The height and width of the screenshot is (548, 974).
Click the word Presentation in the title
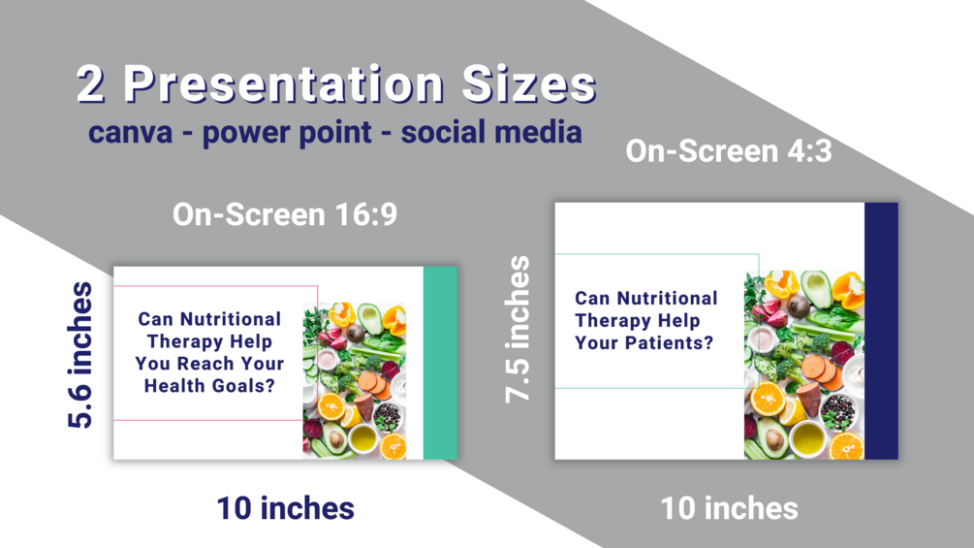coord(283,83)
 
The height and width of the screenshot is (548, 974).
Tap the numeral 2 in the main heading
coord(91,83)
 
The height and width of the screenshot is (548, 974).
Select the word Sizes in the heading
coord(529,83)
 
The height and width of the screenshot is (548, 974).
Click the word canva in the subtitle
coord(131,132)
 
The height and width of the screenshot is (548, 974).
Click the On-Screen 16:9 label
coord(285,214)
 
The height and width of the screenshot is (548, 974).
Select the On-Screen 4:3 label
coord(729,151)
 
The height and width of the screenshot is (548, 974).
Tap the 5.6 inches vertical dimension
coord(80,355)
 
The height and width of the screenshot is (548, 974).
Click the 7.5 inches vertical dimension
coord(518,330)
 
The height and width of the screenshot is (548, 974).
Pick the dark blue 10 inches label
coord(286,508)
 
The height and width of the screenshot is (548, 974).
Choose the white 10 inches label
coord(729,508)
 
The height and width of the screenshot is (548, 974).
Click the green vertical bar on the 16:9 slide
coord(440,363)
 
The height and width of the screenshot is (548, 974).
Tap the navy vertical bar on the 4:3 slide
coord(881,331)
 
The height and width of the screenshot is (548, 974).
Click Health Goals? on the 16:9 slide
coord(209,386)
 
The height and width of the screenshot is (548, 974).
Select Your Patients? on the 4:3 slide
coord(644,343)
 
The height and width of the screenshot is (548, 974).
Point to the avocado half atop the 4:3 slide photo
coord(816,288)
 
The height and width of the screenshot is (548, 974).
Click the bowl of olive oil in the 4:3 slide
coord(806,438)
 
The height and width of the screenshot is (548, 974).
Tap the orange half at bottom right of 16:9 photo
coord(393,447)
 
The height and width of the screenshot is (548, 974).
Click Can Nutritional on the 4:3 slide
coord(646,298)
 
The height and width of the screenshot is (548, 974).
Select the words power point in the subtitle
coord(287,133)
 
